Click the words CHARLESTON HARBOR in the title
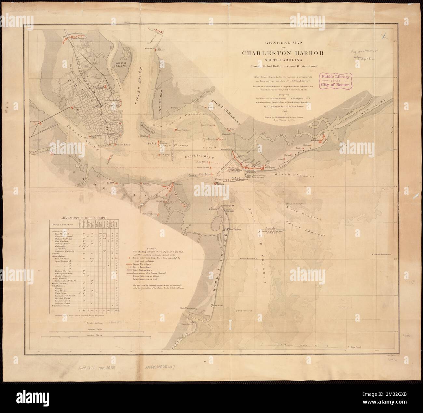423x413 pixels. coord(282,53)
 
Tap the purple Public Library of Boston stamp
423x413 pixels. coord(337,81)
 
